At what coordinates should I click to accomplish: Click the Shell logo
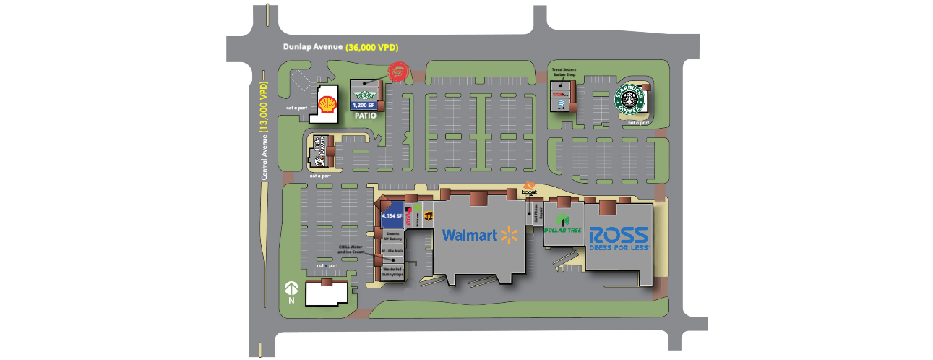(328, 102)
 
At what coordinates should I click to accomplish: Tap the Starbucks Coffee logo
(630, 100)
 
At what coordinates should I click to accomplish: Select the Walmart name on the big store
(469, 235)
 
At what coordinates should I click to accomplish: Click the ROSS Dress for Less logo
(619, 238)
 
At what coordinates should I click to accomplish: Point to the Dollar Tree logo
(563, 225)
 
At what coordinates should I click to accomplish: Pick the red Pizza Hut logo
(398, 72)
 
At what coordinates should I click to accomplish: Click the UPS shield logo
(428, 215)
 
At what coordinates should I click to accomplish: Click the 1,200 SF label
(364, 106)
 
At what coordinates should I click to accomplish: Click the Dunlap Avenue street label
(312, 47)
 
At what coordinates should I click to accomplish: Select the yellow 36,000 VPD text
(372, 47)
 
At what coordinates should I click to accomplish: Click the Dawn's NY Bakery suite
(393, 236)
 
